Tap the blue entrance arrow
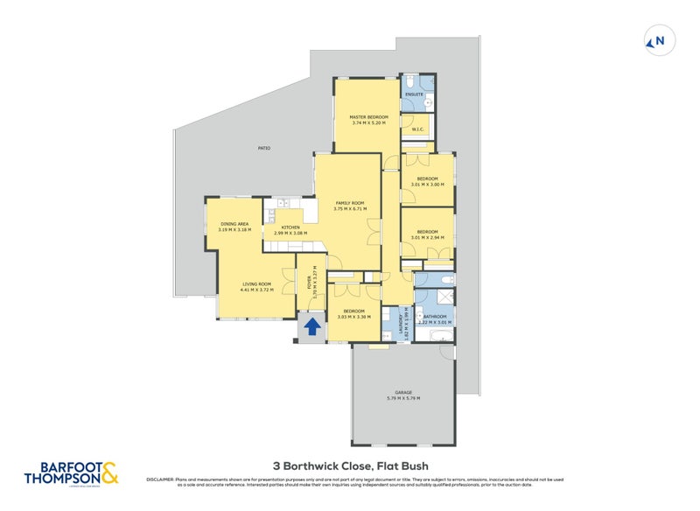(x=311, y=327)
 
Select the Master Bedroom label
(x=368, y=116)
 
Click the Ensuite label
(x=415, y=94)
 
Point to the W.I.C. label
(x=417, y=130)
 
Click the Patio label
(x=263, y=148)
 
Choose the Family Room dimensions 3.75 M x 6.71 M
(x=349, y=209)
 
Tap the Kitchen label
(x=290, y=227)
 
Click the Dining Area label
(x=234, y=224)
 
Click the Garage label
(x=403, y=392)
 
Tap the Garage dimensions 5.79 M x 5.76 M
(x=403, y=398)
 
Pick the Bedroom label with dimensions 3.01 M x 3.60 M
(x=428, y=179)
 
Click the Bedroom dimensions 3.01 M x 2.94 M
(x=428, y=238)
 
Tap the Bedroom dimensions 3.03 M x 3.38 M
(x=353, y=317)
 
